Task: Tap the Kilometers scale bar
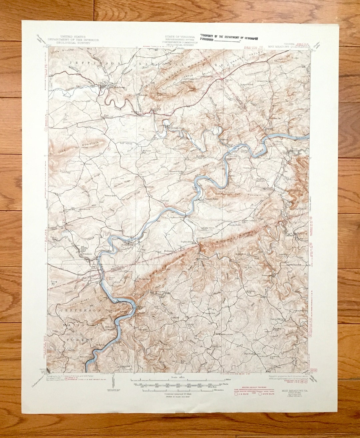(x=177, y=389)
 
